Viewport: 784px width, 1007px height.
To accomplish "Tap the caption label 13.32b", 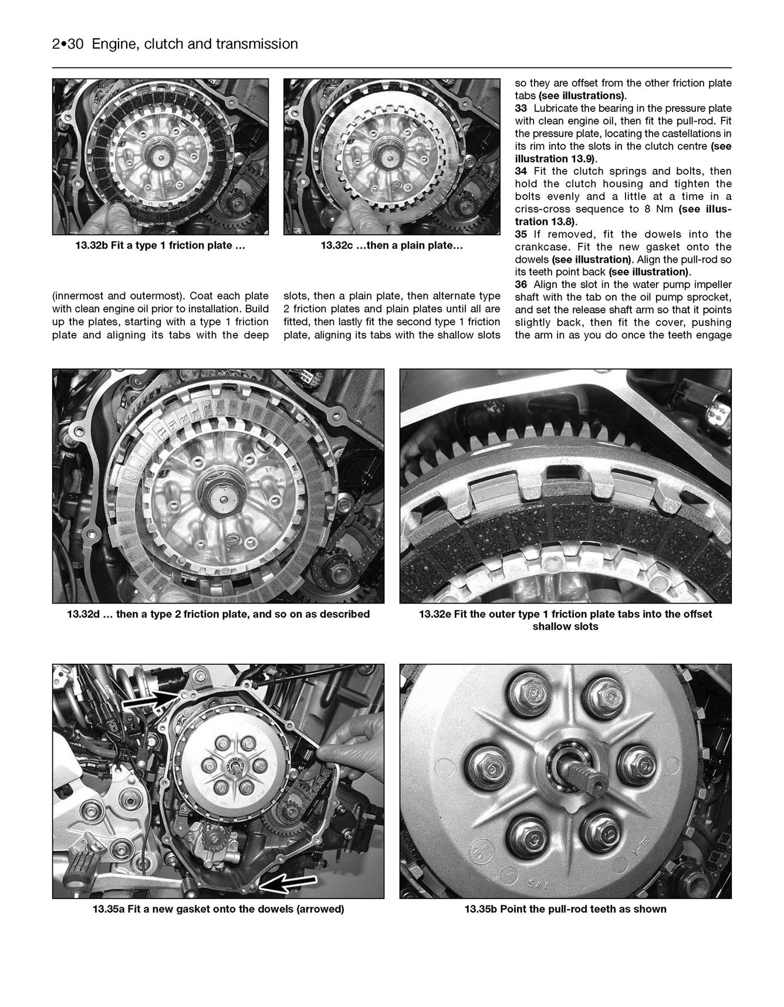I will (92, 246).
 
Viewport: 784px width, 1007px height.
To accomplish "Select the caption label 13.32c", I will (337, 246).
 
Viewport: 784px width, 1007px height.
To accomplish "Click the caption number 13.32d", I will (84, 615).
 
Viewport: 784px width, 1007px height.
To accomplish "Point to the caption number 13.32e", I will (435, 615).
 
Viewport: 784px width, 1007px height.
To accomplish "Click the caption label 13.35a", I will (109, 910).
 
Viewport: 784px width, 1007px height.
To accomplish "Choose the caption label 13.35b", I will (481, 910).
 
